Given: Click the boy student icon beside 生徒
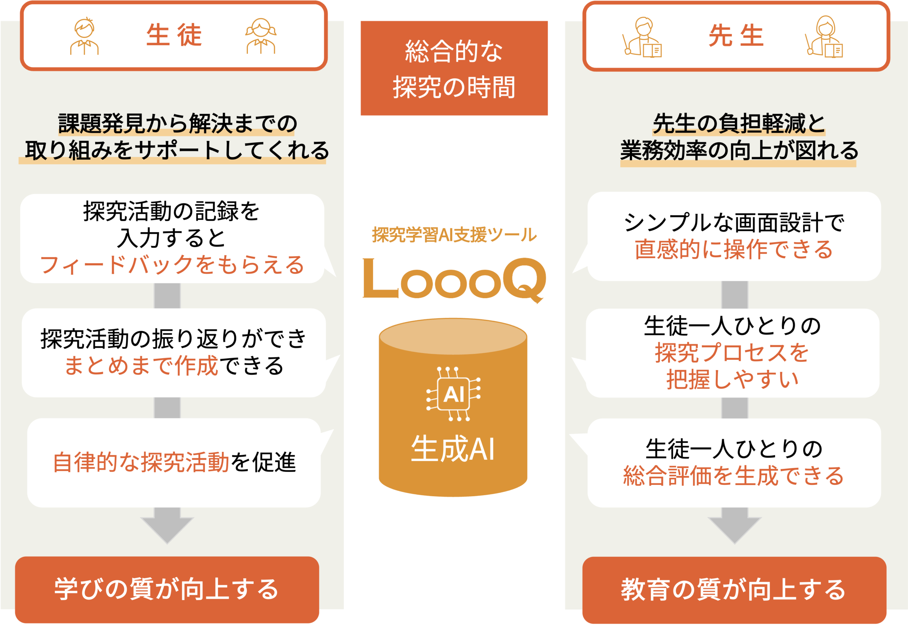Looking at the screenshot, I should point(84,36).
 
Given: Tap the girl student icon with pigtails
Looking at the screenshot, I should point(261,36).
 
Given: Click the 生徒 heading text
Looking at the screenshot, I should point(174,35).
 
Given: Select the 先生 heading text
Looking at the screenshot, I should point(736,35).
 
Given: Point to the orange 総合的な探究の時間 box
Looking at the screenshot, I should point(454,68).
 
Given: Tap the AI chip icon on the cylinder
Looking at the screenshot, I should point(453,394).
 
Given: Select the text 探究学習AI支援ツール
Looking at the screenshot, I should point(454,235).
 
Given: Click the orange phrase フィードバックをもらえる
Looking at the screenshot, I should point(172,265).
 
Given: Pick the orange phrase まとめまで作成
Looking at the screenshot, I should point(141,366).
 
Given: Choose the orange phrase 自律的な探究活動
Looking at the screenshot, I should point(141,462).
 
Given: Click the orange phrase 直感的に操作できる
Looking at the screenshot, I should point(734,250).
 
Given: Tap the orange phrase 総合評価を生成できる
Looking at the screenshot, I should point(734,476).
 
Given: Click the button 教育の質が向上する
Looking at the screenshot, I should point(734,590).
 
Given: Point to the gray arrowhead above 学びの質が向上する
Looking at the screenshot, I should point(167,529).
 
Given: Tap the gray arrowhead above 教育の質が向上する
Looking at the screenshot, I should point(735,529).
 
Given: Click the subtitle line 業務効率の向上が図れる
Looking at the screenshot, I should point(739,151).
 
